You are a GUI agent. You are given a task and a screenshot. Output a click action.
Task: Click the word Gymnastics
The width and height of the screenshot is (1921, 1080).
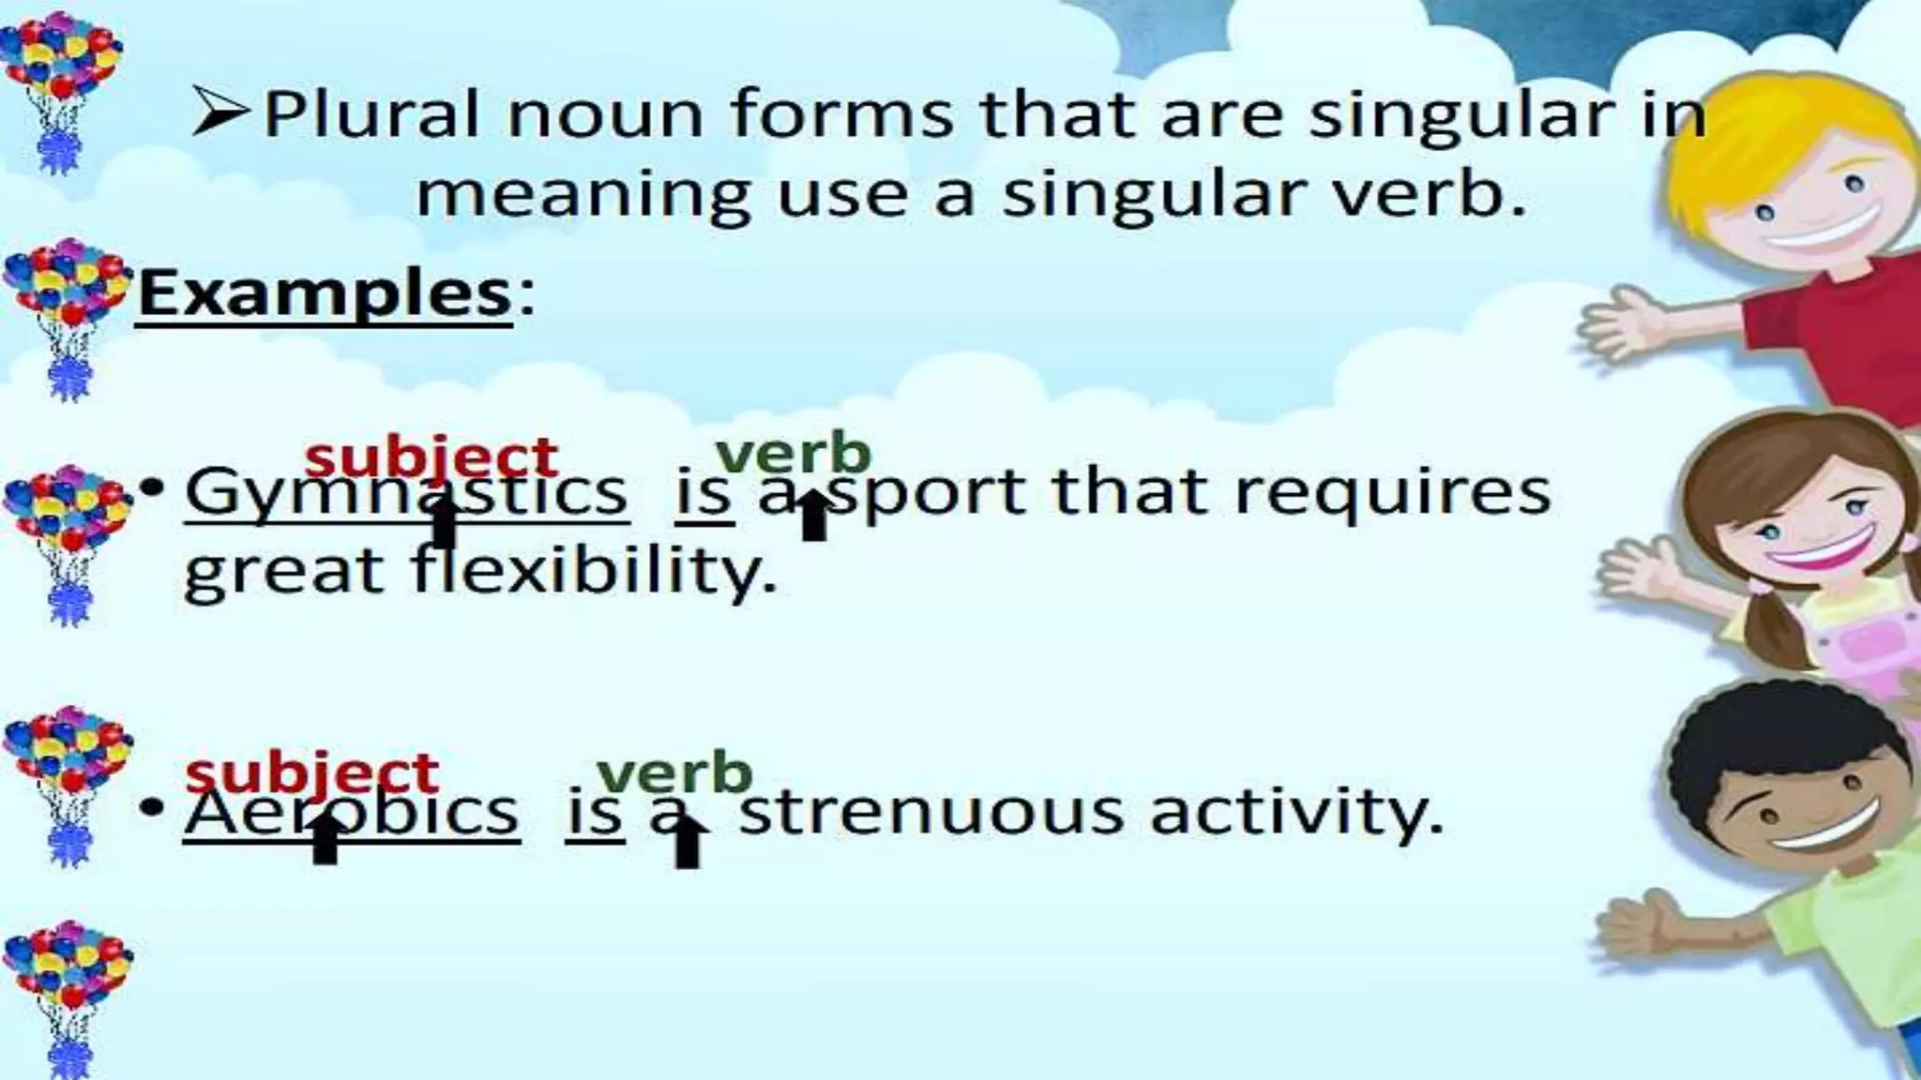405,492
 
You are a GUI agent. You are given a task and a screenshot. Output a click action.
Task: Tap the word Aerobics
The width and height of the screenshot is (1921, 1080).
351,812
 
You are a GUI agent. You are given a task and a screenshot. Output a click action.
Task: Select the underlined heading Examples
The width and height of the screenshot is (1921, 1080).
325,293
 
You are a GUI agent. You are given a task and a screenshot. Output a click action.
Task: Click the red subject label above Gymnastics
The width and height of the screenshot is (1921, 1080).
431,457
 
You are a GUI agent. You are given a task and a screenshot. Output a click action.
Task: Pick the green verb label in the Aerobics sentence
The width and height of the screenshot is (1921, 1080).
674,773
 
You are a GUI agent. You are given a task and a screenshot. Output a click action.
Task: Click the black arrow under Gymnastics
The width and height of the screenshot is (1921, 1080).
444,523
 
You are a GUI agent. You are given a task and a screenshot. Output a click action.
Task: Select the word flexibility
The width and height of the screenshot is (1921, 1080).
595,571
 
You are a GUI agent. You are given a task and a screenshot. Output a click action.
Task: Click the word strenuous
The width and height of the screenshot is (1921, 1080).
930,812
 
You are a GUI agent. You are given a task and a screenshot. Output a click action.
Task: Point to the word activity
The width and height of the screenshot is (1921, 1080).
1296,812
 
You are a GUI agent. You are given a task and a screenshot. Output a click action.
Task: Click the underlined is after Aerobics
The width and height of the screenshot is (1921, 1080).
595,812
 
